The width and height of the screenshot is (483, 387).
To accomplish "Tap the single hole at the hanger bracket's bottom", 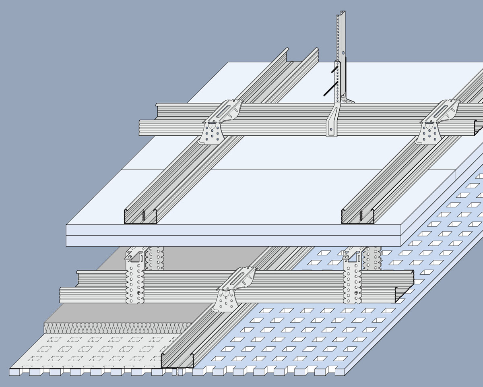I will point(331,129).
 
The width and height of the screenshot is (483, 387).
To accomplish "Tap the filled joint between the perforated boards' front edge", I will point(177,372).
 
